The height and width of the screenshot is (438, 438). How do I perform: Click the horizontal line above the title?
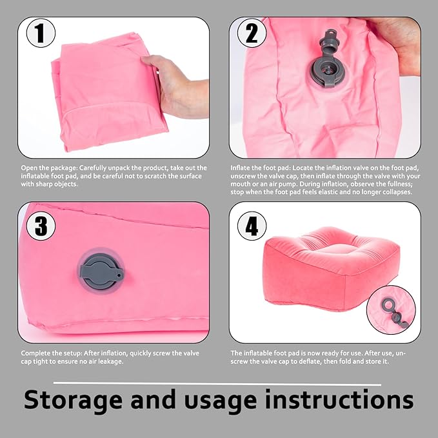click(219, 384)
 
